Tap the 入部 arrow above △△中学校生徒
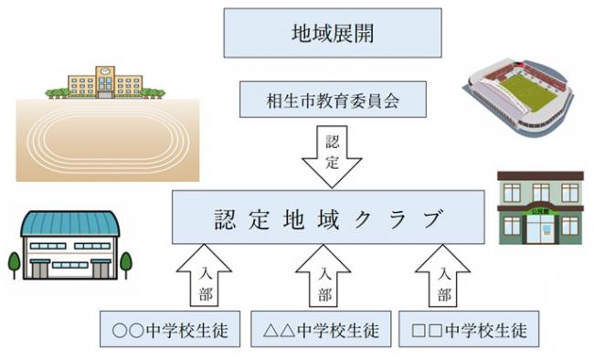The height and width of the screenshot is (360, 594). (x=323, y=279)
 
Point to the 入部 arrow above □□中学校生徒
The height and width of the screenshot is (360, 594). (x=443, y=279)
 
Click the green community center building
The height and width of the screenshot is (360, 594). (x=540, y=208)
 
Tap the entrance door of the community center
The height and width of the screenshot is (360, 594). (x=540, y=232)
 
